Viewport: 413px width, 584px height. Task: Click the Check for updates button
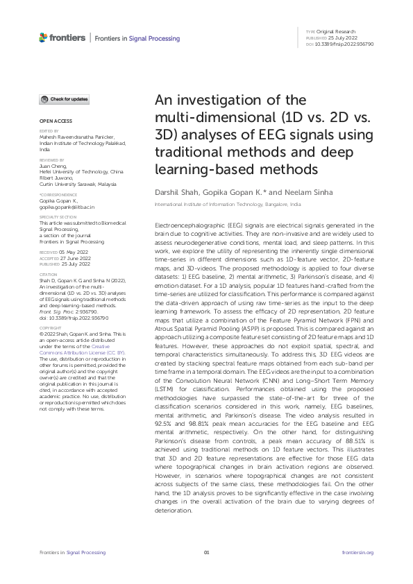[x=63, y=100]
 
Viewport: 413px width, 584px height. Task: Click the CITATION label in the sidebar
[x=47, y=255]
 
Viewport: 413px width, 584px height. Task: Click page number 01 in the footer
[x=206, y=552]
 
